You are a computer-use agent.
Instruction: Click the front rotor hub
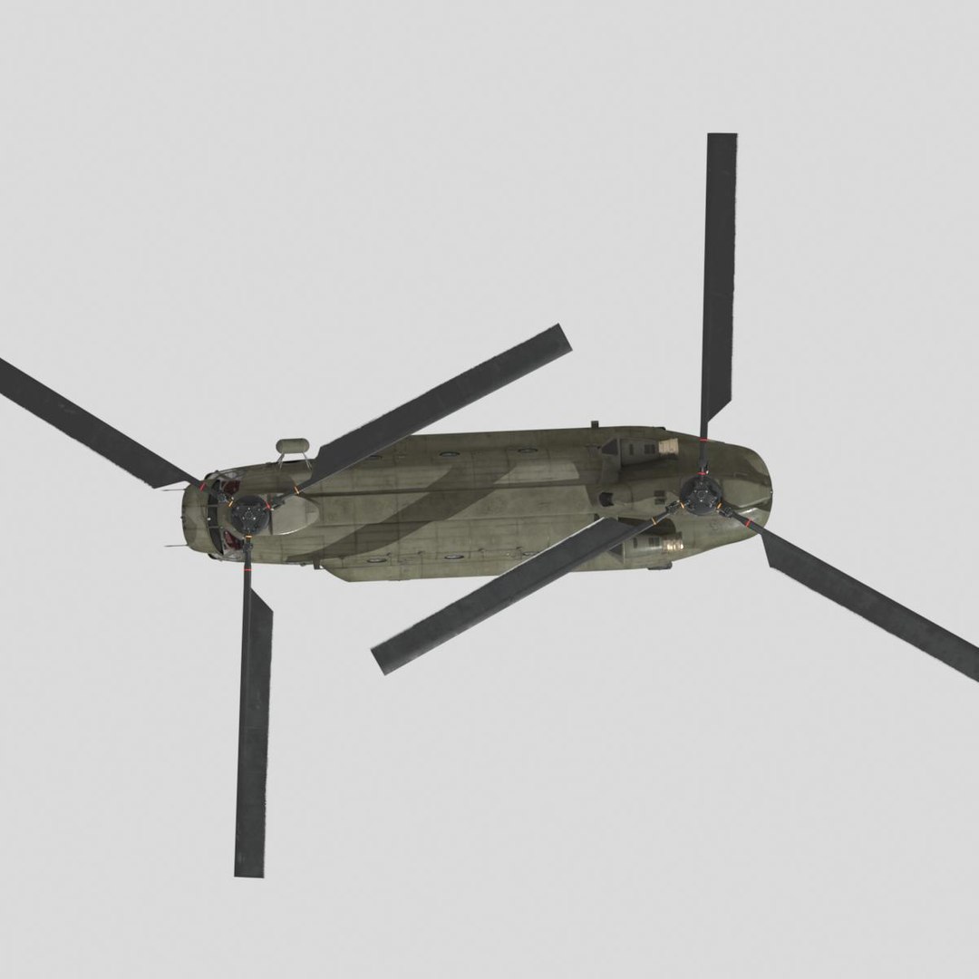click(247, 513)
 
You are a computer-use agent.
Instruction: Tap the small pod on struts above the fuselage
click(292, 446)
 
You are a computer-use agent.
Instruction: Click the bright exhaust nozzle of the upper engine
click(668, 446)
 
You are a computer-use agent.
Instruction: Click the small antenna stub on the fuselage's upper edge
click(595, 424)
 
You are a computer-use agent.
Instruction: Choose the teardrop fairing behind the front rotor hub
click(294, 515)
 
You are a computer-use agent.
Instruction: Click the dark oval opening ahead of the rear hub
click(606, 499)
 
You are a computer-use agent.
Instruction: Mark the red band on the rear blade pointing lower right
click(749, 523)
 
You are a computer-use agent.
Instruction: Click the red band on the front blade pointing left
click(203, 486)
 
